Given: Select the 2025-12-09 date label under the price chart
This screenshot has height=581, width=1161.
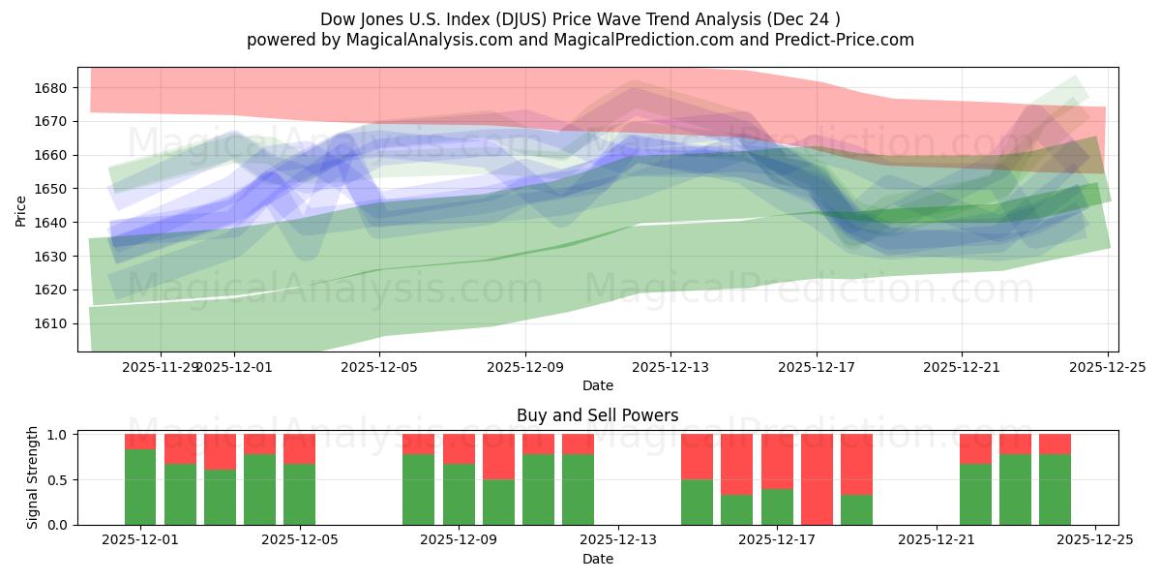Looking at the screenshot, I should [525, 368].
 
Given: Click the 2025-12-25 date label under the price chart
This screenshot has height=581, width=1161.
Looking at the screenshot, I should [1107, 368].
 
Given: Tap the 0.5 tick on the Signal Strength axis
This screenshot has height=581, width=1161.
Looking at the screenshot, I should [58, 480].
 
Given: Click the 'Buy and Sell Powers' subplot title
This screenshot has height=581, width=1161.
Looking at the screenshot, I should [597, 415].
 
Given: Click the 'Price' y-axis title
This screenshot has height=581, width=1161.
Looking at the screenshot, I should [21, 209].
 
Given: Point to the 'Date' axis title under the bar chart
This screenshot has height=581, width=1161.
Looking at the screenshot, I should [597, 559].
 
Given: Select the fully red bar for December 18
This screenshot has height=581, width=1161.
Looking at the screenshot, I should [817, 479].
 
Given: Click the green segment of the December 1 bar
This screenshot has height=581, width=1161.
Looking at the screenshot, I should [140, 487].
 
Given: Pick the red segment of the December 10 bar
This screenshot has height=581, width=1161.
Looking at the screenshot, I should [538, 443].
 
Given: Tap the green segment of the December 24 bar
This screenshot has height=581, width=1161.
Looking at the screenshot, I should [1055, 490].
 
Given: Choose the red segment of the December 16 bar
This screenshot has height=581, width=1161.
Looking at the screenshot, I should [737, 464].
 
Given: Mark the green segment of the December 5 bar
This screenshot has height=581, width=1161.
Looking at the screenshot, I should [299, 495].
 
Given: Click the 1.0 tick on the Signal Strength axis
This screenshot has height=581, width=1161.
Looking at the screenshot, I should [58, 435].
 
